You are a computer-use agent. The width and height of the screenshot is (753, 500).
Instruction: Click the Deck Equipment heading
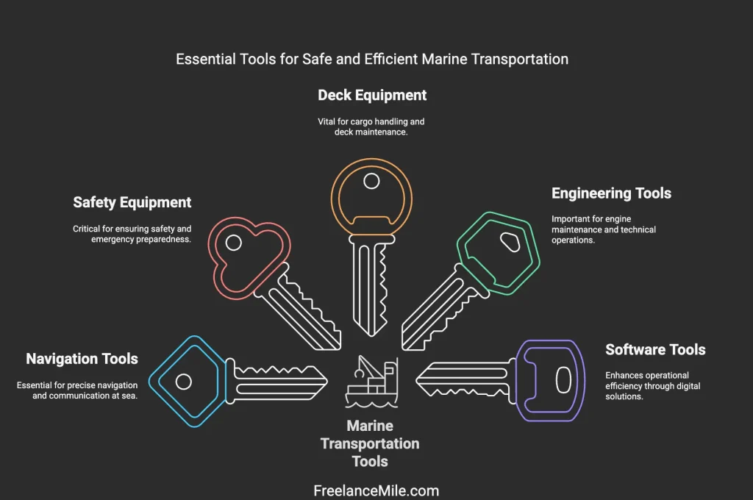coord(372,95)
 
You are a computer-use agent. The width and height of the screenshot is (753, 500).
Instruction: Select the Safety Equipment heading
coord(132,202)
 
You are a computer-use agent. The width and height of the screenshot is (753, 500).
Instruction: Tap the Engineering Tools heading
coord(611,193)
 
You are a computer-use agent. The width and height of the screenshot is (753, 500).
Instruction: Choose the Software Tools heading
coord(655,349)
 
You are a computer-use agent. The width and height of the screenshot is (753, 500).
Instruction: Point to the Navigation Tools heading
coord(82,359)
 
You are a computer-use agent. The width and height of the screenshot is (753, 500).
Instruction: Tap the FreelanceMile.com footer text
coord(376,490)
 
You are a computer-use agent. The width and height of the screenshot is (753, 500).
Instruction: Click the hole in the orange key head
coord(372,181)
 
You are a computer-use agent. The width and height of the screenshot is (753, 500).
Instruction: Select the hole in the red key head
coord(234,242)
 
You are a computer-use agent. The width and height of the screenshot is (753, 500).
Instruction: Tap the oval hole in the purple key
coord(563,379)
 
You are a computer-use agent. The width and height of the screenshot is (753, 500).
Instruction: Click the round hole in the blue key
coord(184,382)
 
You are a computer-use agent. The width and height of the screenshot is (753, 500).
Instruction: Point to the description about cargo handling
coord(371,126)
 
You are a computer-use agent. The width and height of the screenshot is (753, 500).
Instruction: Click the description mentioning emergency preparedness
coord(132,233)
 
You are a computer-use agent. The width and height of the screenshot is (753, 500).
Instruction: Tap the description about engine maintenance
coord(603,229)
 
